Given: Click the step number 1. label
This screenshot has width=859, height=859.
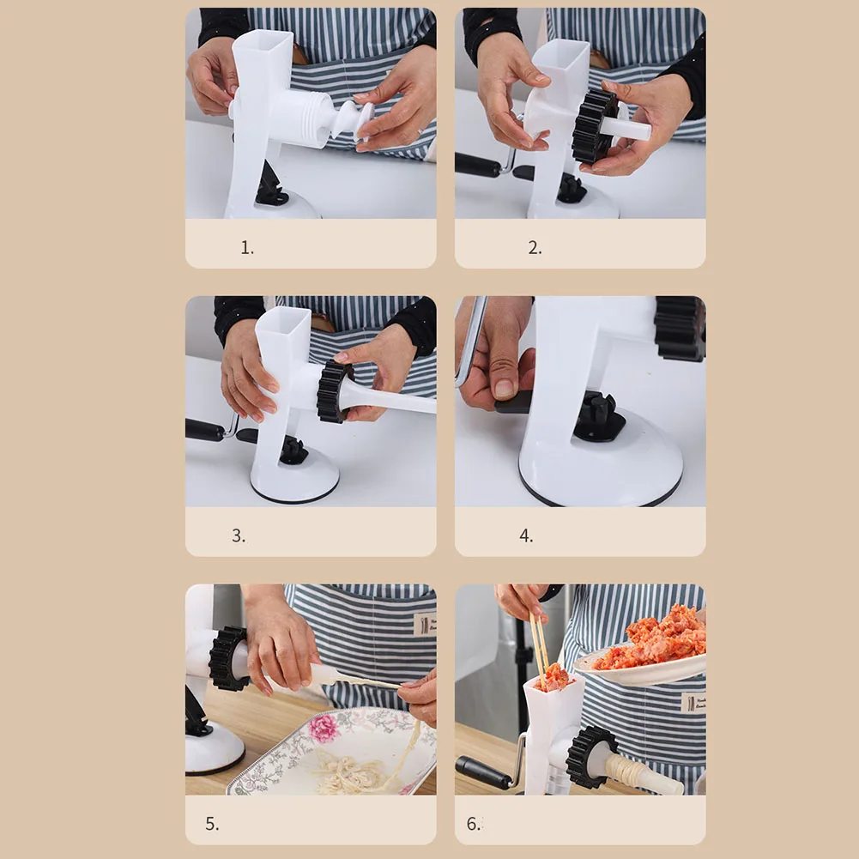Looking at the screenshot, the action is (247, 248).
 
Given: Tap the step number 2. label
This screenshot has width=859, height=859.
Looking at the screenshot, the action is (535, 248).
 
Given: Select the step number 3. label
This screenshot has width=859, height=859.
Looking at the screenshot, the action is (239, 535).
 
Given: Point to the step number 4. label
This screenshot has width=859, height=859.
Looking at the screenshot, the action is (526, 535).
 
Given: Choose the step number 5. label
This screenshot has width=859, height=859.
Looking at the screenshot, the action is (212, 824).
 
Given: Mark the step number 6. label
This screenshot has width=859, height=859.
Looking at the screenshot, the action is (474, 824).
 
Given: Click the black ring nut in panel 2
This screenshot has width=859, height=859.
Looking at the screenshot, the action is (593, 127).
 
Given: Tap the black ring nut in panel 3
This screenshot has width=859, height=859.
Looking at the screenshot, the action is (334, 391).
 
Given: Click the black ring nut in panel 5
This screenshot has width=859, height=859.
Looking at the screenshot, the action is (227, 658).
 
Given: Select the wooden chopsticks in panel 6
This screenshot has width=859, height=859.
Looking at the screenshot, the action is (539, 645).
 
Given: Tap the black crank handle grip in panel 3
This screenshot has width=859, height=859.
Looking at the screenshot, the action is (204, 430).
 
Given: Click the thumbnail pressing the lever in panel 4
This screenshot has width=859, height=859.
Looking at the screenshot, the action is (504, 389).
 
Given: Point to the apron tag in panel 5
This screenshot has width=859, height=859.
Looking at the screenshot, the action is (425, 624).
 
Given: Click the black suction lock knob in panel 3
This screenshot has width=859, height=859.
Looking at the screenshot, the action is (294, 451).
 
